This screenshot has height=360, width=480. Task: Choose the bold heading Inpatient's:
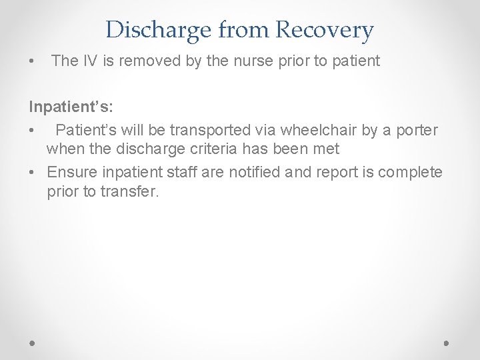70,106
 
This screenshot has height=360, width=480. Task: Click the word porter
415,129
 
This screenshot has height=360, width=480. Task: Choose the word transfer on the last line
132,193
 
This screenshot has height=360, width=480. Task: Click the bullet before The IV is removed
32,62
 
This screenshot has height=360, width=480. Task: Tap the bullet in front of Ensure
32,173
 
